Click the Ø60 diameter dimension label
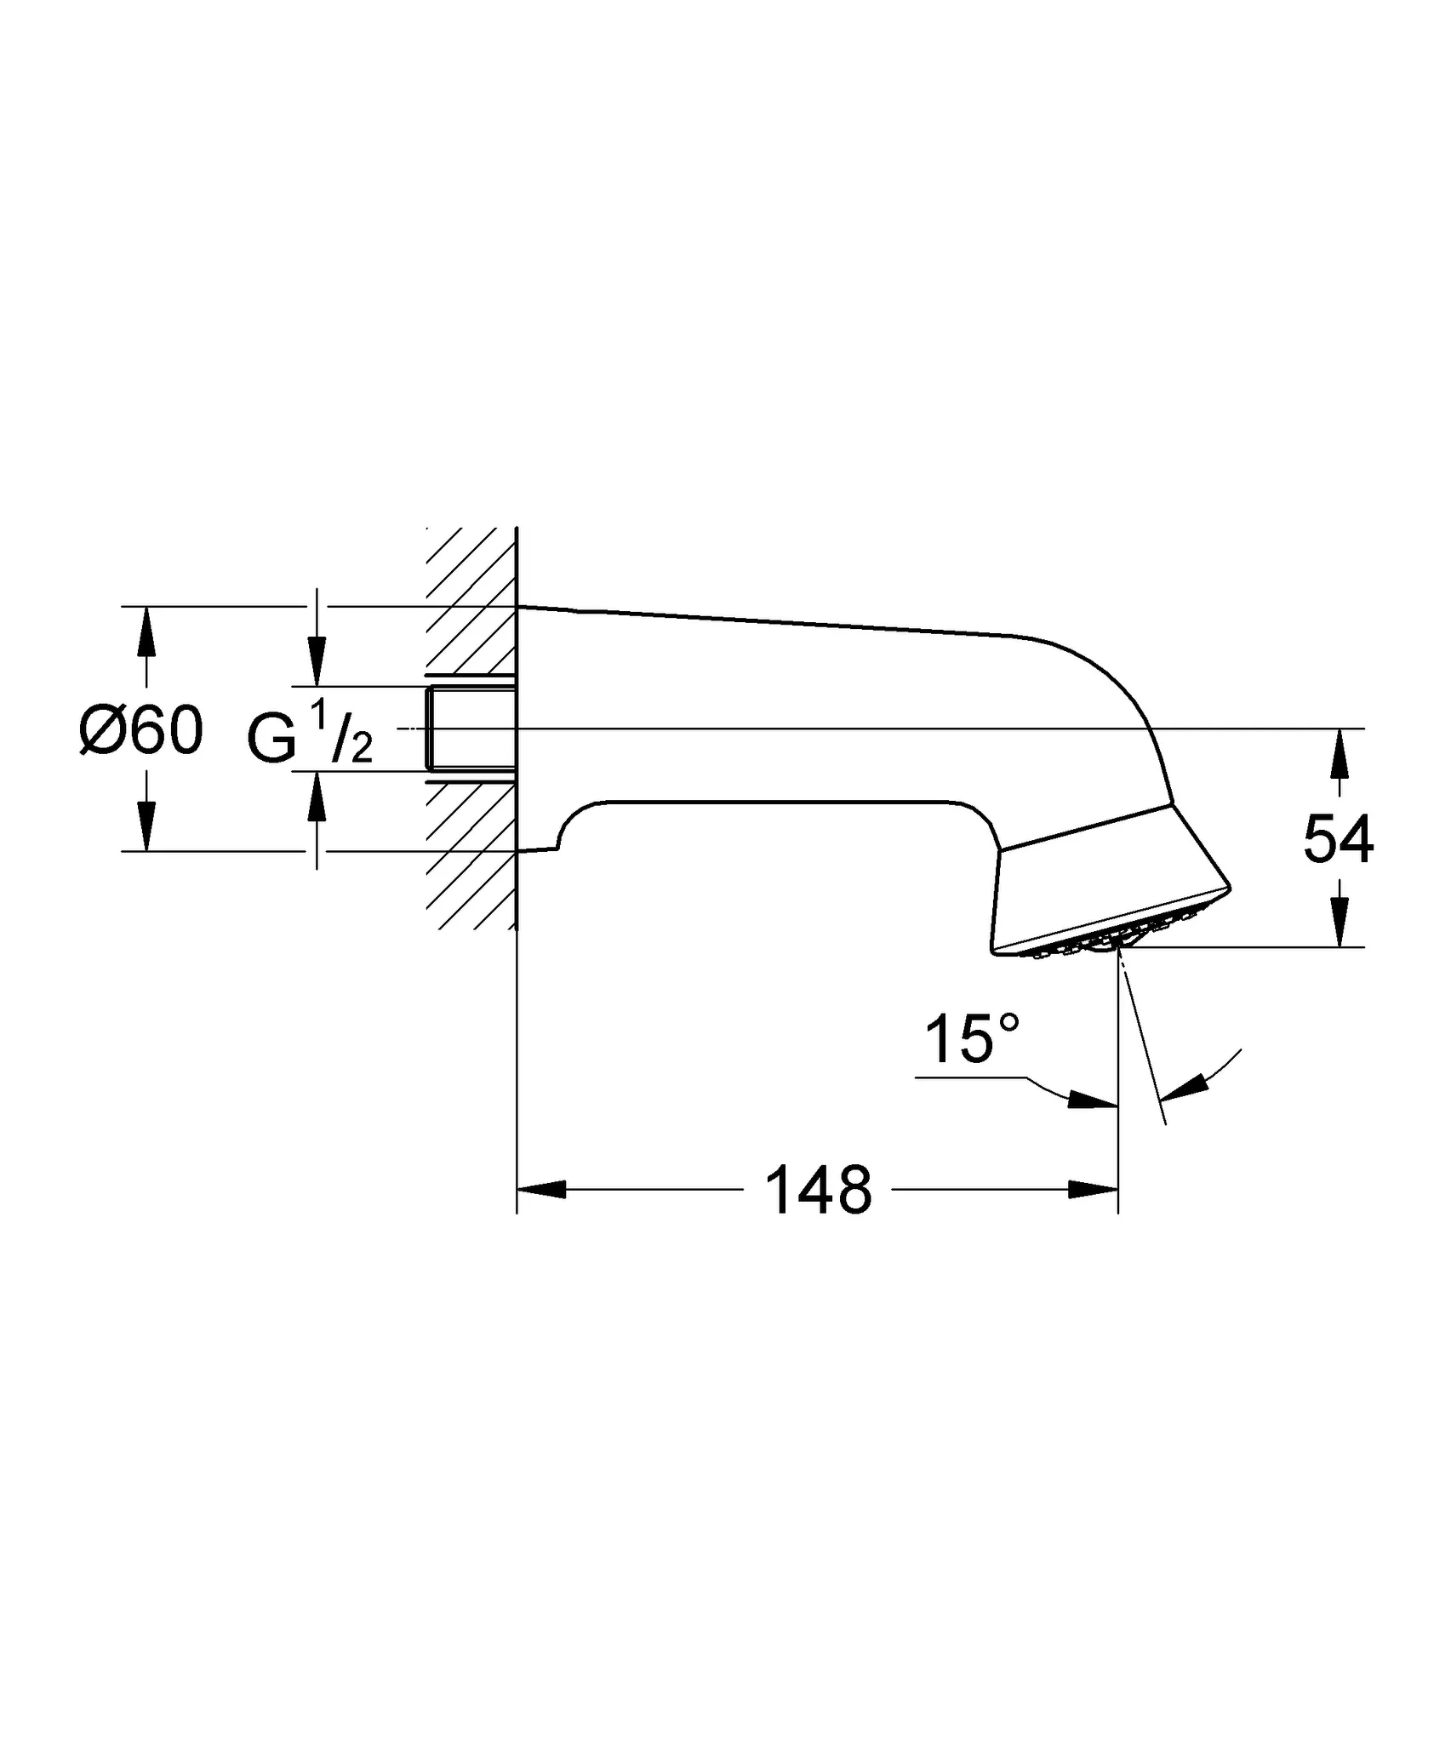pyautogui.click(x=141, y=729)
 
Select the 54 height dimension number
pyautogui.click(x=1339, y=840)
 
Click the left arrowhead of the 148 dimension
pyautogui.click(x=542, y=1189)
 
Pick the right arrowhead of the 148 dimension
pyautogui.click(x=1093, y=1189)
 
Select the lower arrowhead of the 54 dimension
pyautogui.click(x=1340, y=923)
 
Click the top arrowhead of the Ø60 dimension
pyautogui.click(x=146, y=631)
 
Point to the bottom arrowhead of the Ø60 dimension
pyautogui.click(x=146, y=826)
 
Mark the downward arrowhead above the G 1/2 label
pyautogui.click(x=317, y=661)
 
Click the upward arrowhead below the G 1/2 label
pyautogui.click(x=317, y=796)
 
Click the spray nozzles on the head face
pyautogui.click(x=1106, y=937)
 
